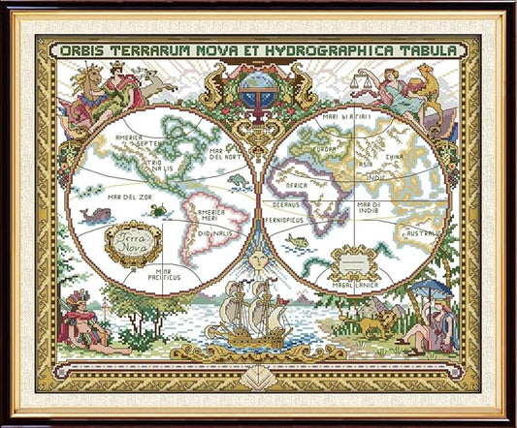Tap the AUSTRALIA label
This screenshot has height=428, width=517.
pos(424,233)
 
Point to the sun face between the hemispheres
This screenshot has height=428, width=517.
pos(258,260)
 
